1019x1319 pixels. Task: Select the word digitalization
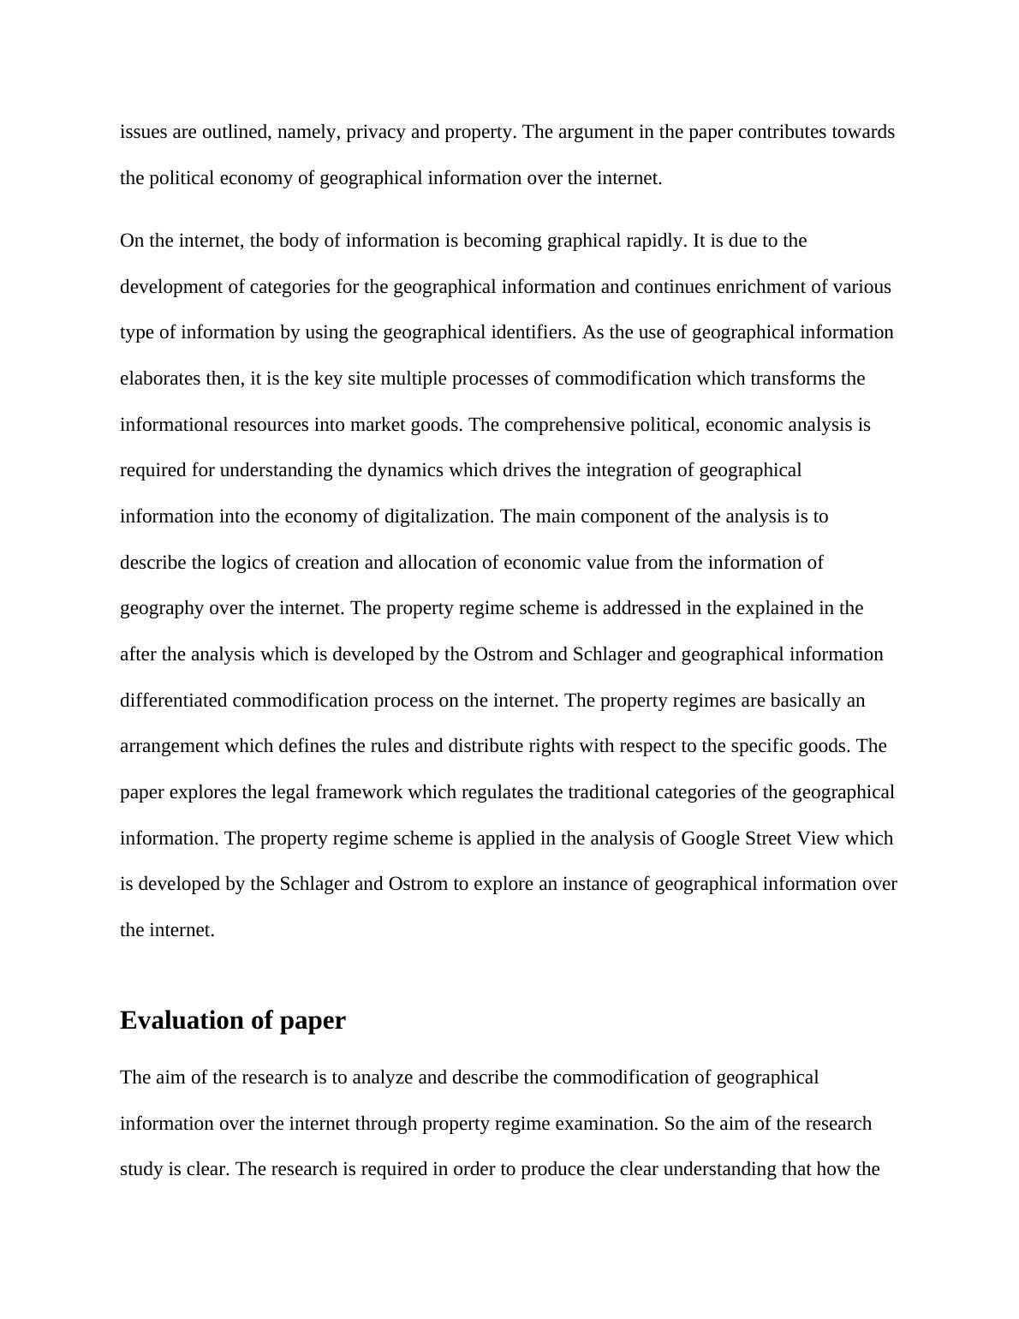click(433, 516)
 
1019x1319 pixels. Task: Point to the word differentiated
click(174, 701)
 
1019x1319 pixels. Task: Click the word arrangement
click(170, 746)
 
